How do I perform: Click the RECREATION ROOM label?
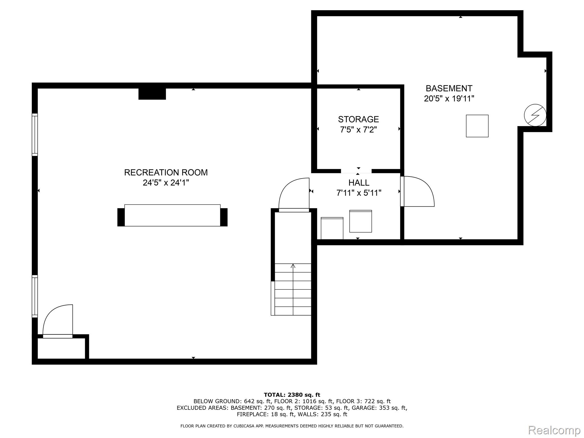point(166,173)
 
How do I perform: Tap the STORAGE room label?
point(358,119)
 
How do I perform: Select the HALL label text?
point(359,182)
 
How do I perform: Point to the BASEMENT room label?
point(449,88)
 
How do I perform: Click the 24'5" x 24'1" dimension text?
point(166,183)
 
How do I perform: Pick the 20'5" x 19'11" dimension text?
point(449,99)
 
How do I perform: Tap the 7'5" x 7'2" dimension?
point(358,130)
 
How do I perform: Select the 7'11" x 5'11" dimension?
point(359,193)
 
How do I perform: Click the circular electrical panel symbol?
point(535,115)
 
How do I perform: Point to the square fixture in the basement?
point(477,126)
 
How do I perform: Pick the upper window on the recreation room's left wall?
point(35,135)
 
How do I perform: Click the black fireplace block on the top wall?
point(152,94)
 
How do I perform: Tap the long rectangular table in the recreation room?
point(173,215)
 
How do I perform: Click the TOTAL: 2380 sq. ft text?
point(292,395)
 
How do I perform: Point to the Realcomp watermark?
point(554,430)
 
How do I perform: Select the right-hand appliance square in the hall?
point(361,221)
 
